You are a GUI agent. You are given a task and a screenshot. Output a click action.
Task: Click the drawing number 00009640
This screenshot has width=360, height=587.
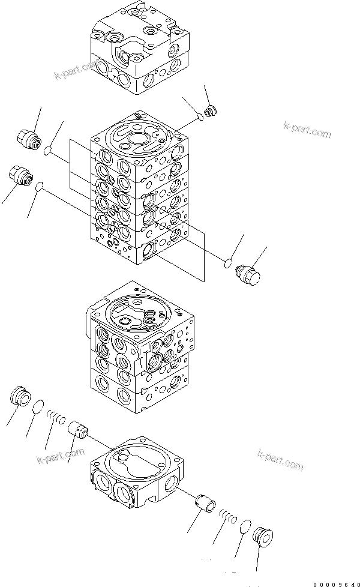coord(334,582)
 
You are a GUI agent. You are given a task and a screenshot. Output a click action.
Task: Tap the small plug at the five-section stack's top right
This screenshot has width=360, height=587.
coord(211,111)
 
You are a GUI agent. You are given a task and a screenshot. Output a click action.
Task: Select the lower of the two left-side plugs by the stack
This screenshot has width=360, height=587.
coord(21,176)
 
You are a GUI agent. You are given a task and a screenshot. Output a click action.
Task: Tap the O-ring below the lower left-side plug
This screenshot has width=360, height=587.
coord(40,188)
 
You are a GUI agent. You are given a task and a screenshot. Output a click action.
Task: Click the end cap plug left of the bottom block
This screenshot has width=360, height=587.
coord(21,397)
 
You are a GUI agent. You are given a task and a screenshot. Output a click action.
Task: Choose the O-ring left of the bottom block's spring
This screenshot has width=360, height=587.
coord(37,407)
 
